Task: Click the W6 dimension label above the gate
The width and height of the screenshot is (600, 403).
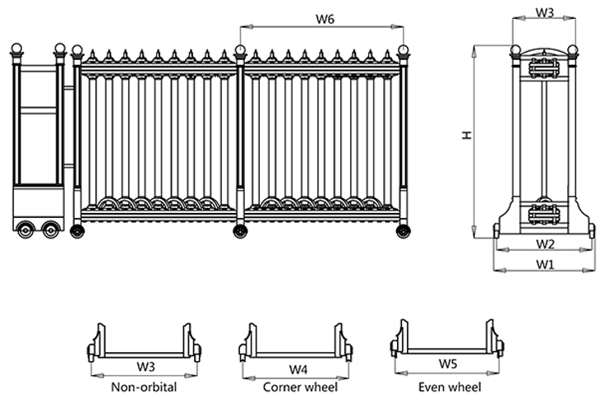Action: click(x=323, y=19)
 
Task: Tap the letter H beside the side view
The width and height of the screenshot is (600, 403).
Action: click(x=466, y=133)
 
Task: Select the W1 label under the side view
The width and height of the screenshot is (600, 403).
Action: click(x=544, y=264)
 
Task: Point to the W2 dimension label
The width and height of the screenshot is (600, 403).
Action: click(x=544, y=244)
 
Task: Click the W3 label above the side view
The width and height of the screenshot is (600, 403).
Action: click(x=544, y=12)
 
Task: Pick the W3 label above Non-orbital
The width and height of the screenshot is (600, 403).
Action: click(x=145, y=367)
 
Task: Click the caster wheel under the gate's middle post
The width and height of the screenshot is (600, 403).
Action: click(x=240, y=231)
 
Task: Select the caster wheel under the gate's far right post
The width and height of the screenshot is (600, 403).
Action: click(x=403, y=231)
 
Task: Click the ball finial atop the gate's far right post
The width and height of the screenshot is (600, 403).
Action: click(x=403, y=50)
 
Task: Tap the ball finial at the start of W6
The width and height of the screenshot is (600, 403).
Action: click(x=240, y=50)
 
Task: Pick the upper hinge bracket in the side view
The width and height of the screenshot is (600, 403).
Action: click(x=543, y=67)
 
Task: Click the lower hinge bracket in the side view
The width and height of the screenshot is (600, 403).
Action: click(x=543, y=213)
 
